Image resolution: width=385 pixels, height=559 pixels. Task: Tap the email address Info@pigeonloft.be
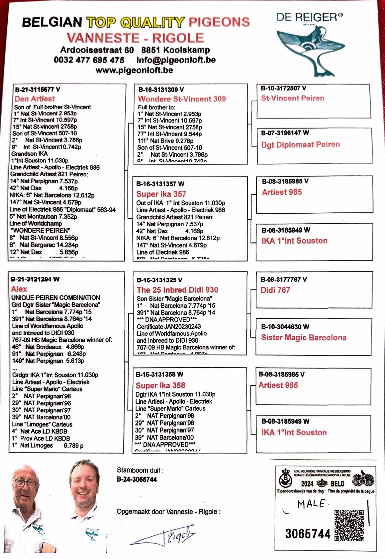click(176, 60)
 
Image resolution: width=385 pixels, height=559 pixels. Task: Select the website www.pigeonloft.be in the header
click(134, 70)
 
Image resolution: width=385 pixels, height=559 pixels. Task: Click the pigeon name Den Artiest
click(35, 99)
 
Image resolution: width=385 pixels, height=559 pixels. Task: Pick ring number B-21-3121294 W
click(35, 279)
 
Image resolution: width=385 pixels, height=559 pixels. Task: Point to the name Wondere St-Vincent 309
click(182, 99)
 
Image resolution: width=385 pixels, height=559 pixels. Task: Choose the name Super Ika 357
click(161, 194)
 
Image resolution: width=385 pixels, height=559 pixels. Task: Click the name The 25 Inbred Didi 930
click(177, 290)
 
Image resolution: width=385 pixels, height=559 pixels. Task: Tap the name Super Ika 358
click(160, 385)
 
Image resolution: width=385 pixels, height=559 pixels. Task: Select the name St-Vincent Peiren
click(292, 98)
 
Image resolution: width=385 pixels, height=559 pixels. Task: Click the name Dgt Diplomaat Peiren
click(300, 145)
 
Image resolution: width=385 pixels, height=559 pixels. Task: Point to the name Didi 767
click(275, 290)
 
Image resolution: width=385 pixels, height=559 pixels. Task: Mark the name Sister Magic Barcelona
click(304, 338)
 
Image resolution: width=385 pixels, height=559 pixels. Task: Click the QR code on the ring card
click(349, 525)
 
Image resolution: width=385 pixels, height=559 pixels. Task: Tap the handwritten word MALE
click(311, 504)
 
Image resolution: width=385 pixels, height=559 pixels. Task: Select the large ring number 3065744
click(308, 534)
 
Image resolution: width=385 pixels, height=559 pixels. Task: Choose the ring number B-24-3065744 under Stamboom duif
click(137, 480)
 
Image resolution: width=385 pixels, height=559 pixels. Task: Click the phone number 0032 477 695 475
click(89, 60)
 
